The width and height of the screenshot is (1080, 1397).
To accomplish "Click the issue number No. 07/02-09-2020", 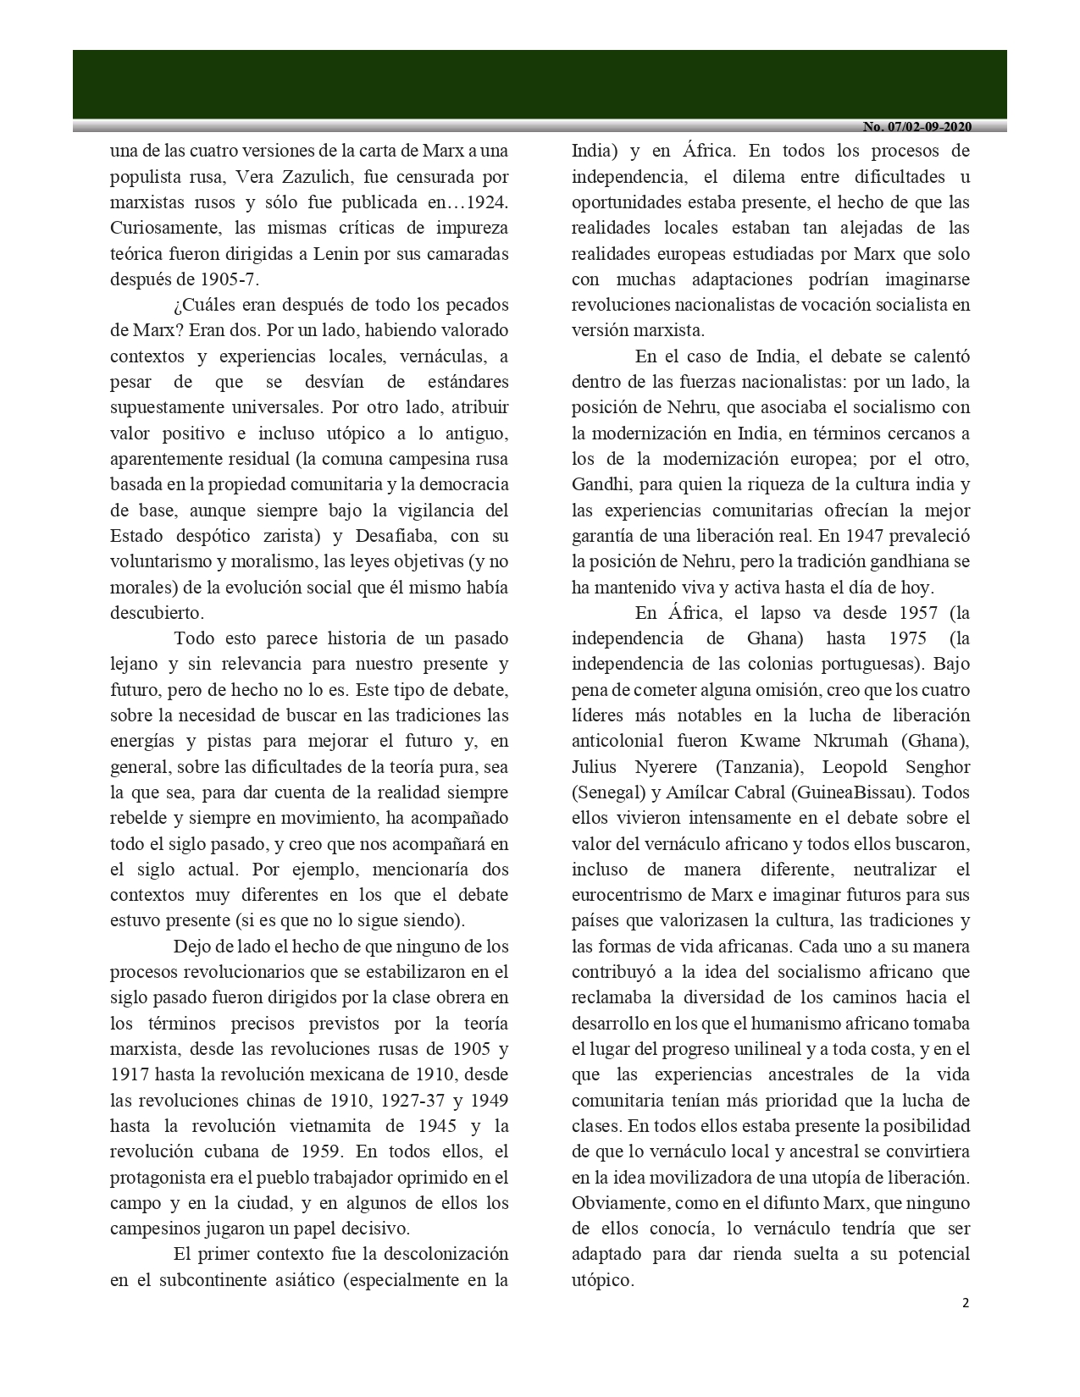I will [917, 127].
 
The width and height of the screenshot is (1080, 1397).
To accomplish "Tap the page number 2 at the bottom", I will [965, 1303].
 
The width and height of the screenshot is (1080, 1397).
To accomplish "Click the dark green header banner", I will [540, 84].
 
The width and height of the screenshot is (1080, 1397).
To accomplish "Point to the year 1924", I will [486, 202].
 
